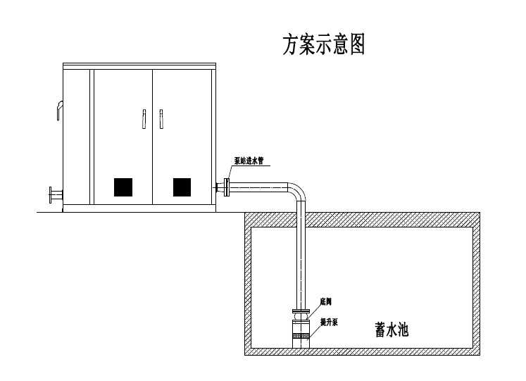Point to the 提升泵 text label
(x=330, y=322)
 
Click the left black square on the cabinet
(x=124, y=187)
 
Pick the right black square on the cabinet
(x=182, y=187)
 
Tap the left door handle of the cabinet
(x=144, y=118)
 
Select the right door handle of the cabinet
(x=162, y=118)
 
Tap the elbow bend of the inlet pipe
(x=298, y=191)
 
